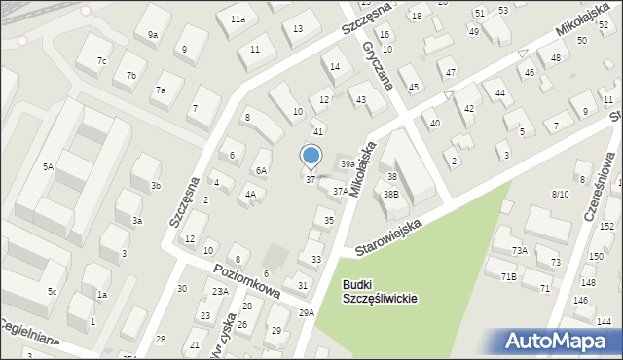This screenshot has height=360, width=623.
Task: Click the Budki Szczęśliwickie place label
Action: tap(380, 292)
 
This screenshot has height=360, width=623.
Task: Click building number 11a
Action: tap(238, 19)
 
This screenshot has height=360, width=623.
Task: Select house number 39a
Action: tap(347, 163)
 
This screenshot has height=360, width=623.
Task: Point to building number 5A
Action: tap(48, 166)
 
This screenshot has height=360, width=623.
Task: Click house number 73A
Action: tap(520, 251)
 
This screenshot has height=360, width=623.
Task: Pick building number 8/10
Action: tap(560, 194)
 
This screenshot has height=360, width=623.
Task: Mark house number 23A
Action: tap(221, 291)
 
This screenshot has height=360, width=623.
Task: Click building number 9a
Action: tap(153, 35)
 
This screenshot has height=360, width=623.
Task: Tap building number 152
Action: tap(606, 226)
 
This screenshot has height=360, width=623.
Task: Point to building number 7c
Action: tap(101, 60)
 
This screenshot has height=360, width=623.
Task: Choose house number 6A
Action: tap(261, 171)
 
